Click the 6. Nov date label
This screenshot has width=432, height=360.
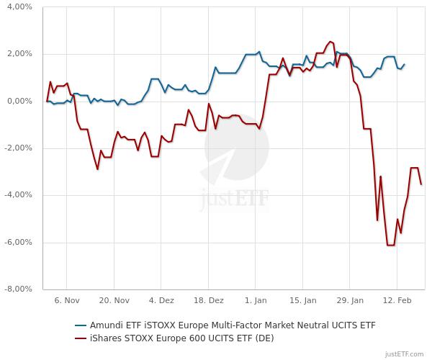coord(66,300)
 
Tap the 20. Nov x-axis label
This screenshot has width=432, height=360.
coord(114,300)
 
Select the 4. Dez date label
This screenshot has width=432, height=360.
coord(161,300)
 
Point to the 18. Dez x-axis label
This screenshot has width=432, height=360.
coord(209,300)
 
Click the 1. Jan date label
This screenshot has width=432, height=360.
coord(256,300)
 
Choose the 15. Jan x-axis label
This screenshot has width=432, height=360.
coord(304,300)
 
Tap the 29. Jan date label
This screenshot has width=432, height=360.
coord(351,300)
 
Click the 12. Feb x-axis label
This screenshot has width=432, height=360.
coord(398,300)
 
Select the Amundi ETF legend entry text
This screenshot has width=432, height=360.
coord(231,325)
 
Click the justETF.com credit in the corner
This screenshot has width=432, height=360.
coord(406,354)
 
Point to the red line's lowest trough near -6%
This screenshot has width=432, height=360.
coord(390,246)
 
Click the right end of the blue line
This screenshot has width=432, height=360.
coord(404,64)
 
